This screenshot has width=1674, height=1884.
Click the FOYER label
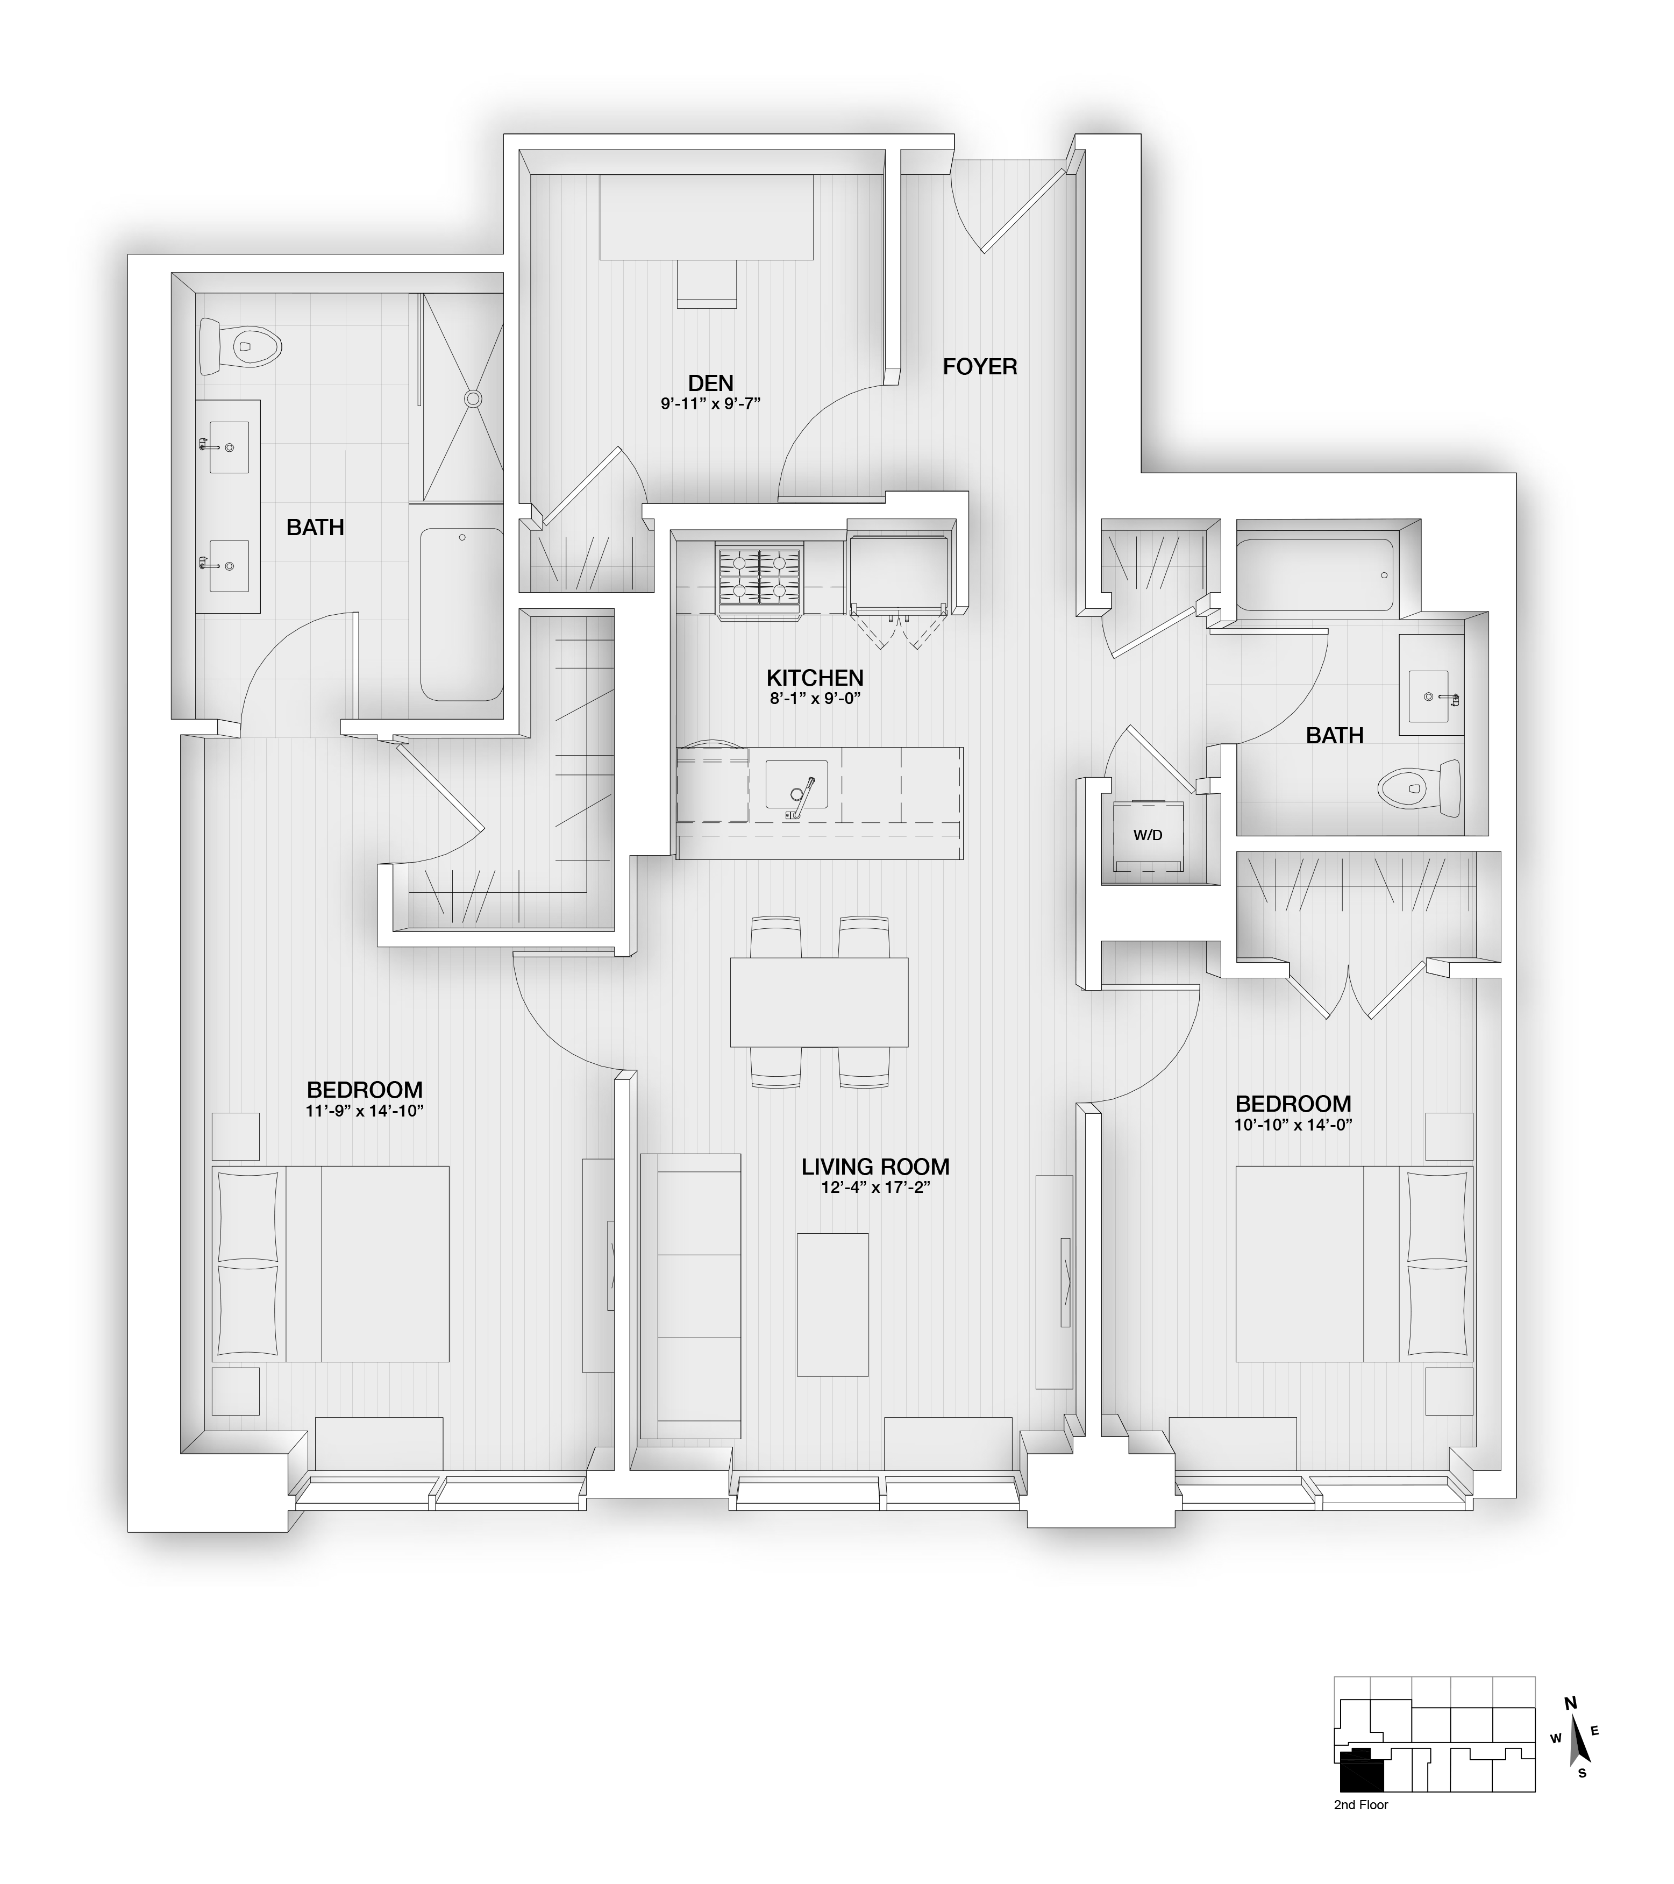(980, 367)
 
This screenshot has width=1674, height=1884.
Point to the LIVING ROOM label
(875, 1167)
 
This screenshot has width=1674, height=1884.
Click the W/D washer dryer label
(1148, 835)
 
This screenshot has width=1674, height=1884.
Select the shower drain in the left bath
(473, 398)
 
